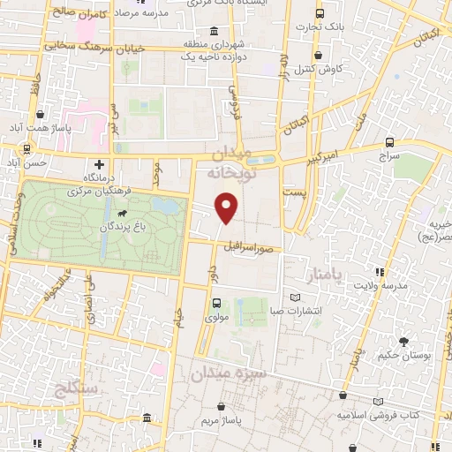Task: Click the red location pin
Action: point(227,207)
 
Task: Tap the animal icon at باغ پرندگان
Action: point(120,213)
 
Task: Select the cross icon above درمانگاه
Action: point(99,164)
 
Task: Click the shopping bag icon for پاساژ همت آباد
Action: point(41,114)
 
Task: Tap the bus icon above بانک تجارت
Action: point(320,14)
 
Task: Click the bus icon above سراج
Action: point(389,141)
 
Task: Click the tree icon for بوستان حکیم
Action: point(403,341)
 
